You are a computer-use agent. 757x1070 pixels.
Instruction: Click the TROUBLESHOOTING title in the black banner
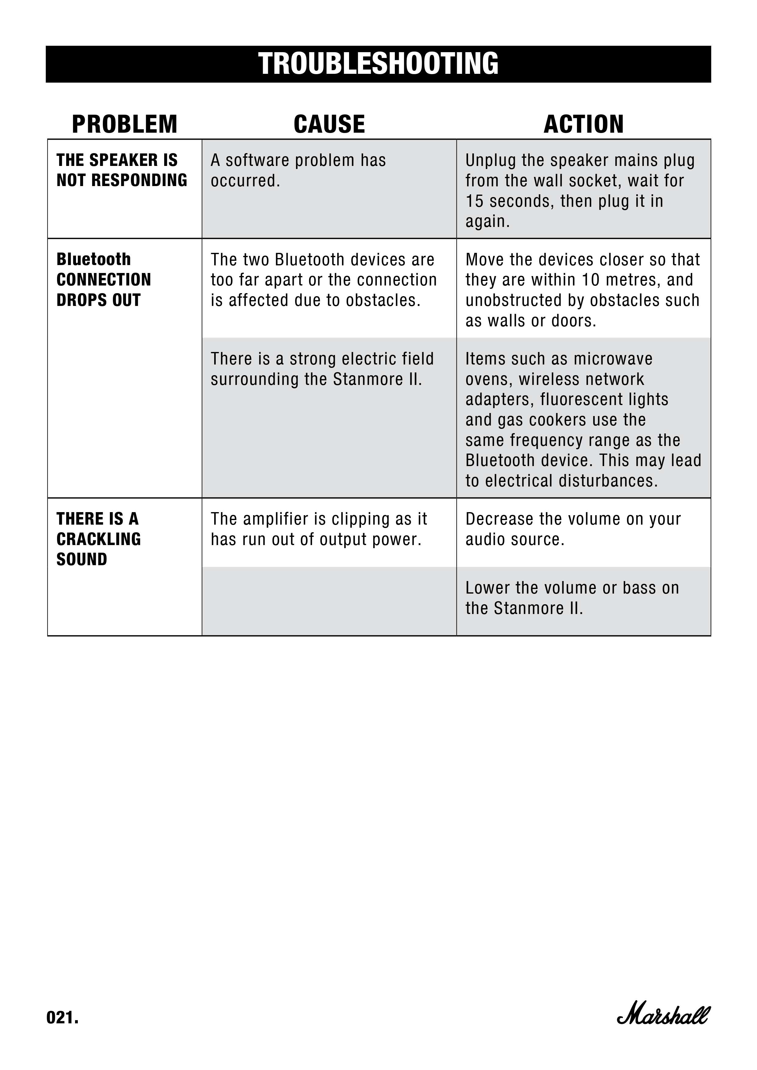click(x=378, y=64)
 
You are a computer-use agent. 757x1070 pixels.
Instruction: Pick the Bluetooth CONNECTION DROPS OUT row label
click(x=103, y=280)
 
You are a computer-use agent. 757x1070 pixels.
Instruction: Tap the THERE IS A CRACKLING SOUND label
click(x=98, y=539)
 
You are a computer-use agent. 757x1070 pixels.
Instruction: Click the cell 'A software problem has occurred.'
click(x=298, y=171)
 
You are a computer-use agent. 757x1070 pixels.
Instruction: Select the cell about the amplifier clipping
click(x=319, y=529)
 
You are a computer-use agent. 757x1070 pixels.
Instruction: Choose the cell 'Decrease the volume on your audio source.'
click(x=573, y=529)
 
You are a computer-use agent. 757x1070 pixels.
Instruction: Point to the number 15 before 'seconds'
click(x=475, y=201)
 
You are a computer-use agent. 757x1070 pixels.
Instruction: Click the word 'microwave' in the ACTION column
click(x=613, y=359)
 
